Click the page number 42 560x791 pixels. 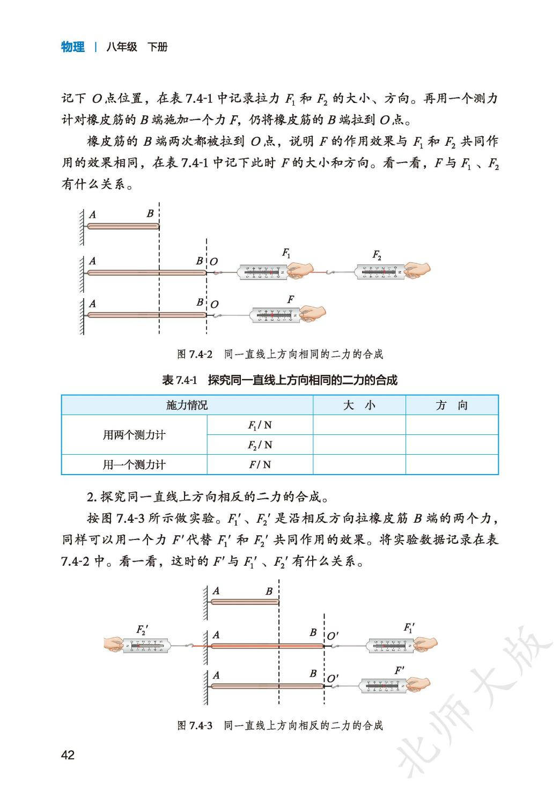point(68,755)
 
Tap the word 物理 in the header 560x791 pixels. point(73,47)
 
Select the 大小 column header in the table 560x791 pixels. point(359,405)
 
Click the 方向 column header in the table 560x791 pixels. point(452,405)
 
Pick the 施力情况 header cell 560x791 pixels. point(187,405)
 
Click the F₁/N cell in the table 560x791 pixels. point(260,425)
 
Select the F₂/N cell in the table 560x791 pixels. point(260,445)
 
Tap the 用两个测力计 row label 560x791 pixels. point(134,435)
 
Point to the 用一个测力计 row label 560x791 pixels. point(134,465)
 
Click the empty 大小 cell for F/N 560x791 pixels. point(359,465)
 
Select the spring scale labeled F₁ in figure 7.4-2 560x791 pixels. point(263,272)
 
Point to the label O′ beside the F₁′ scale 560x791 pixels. point(333,636)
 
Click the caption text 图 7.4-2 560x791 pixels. point(195,354)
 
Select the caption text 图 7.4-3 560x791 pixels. point(195,726)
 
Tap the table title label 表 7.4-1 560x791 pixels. point(180,381)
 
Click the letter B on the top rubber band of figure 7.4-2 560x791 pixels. point(150,213)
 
